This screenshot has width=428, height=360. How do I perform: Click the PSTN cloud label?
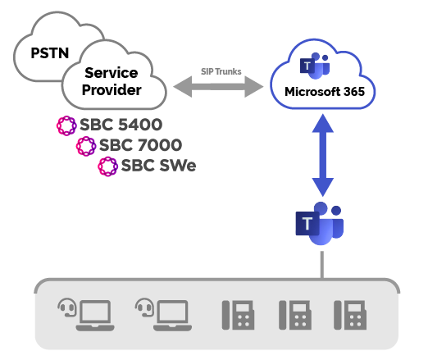[50, 53]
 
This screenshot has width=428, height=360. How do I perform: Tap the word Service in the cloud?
[112, 73]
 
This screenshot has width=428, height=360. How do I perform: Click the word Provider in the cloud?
[112, 90]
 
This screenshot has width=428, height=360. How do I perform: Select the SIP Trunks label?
[221, 71]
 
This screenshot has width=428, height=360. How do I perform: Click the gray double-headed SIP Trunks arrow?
[218, 87]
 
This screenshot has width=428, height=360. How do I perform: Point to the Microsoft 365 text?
[325, 92]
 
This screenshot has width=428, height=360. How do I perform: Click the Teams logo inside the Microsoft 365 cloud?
[315, 66]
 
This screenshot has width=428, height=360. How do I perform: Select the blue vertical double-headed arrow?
[323, 155]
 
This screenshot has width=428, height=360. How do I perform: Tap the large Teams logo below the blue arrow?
[320, 223]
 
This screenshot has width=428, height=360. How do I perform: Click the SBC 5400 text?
[121, 125]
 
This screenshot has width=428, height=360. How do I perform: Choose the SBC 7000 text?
[140, 145]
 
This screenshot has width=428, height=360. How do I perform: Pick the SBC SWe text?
[158, 166]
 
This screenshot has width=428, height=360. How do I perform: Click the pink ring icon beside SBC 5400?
[66, 125]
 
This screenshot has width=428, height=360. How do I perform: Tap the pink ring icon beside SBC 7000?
[86, 146]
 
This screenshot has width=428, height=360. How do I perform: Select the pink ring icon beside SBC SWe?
[108, 166]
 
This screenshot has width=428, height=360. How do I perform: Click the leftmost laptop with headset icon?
[86, 315]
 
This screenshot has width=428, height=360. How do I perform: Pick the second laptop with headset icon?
[163, 315]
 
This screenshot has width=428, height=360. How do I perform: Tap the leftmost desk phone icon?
[238, 315]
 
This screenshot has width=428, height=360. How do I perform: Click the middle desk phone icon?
[295, 315]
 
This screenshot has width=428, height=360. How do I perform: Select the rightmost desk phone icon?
[350, 315]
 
